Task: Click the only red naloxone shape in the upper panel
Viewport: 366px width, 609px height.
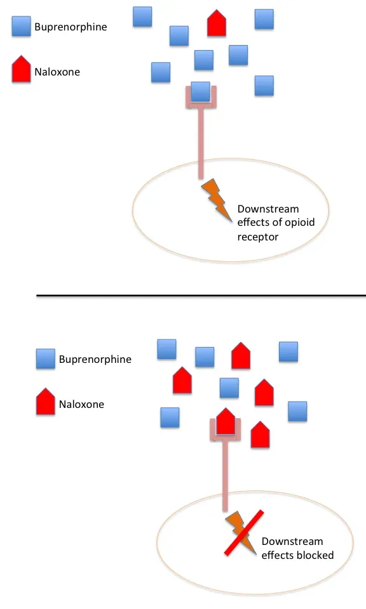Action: pyautogui.click(x=217, y=23)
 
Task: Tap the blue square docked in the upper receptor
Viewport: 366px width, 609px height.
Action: pyautogui.click(x=201, y=91)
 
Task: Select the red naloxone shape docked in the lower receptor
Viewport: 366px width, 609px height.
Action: pyautogui.click(x=226, y=421)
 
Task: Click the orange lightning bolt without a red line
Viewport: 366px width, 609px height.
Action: pyautogui.click(x=217, y=200)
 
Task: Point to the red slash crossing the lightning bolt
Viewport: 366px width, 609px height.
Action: pyautogui.click(x=244, y=533)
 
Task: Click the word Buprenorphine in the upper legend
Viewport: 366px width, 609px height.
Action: pyautogui.click(x=71, y=27)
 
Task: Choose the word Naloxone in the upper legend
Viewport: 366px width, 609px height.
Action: pyautogui.click(x=57, y=72)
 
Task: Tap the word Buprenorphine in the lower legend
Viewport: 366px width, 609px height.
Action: pyautogui.click(x=95, y=359)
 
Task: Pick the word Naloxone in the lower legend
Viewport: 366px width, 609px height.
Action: pyautogui.click(x=82, y=404)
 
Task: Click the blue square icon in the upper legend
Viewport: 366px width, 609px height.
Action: pyautogui.click(x=21, y=26)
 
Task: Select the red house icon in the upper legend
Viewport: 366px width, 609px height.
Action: pyautogui.click(x=21, y=69)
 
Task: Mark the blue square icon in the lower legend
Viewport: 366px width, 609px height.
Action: pyautogui.click(x=46, y=358)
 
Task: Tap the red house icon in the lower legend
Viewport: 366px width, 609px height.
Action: pyautogui.click(x=46, y=401)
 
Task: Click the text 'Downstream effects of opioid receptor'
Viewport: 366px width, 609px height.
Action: pyautogui.click(x=276, y=223)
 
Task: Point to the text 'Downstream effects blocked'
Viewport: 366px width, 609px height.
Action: pyautogui.click(x=297, y=548)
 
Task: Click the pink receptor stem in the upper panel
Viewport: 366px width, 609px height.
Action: pyautogui.click(x=201, y=143)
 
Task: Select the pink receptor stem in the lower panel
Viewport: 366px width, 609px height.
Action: pyautogui.click(x=225, y=476)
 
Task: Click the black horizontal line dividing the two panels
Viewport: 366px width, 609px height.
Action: pyautogui.click(x=201, y=296)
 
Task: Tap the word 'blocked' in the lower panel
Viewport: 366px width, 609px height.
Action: pyautogui.click(x=315, y=555)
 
